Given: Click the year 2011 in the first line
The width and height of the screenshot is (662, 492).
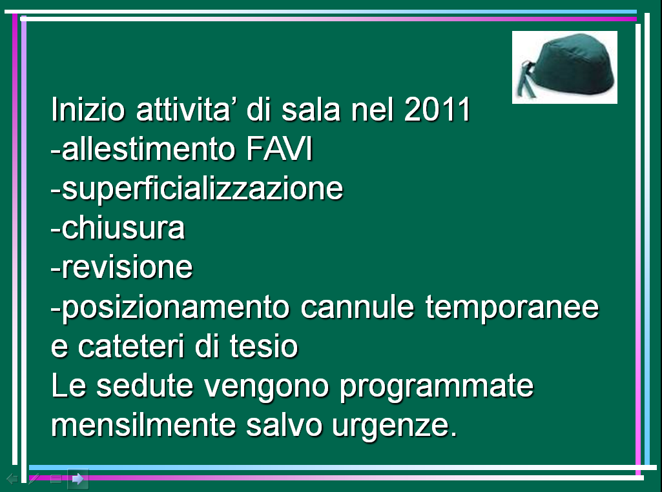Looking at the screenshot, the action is coord(437,109).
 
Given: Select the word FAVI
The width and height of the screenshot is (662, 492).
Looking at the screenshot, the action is coord(279,148).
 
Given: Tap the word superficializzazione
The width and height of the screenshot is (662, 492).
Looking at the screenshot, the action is coord(202,189).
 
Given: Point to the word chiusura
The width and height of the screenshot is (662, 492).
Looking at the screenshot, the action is coord(123,228).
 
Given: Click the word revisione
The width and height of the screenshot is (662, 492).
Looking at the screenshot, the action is coord(127,267).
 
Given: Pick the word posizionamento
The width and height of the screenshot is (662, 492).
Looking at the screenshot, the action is coord(176,308).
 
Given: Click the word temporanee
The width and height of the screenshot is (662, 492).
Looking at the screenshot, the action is coord(512,308).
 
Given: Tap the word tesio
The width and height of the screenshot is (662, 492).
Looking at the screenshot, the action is coord(264,346).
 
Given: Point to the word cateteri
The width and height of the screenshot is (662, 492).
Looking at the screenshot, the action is coord(131,346).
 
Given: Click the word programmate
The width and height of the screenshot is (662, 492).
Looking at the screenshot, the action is coord(437,387).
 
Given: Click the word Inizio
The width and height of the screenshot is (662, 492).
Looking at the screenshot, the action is coord(88,109).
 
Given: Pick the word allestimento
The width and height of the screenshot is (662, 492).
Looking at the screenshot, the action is coord(148,148).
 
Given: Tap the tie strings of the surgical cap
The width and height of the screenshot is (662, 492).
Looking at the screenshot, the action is coord(525,79).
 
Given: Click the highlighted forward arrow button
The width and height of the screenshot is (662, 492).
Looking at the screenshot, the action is coord(78,478).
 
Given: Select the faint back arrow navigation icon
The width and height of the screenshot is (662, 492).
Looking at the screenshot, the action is coord(12,478).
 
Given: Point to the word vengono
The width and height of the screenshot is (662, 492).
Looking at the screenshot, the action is coord(266,387).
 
